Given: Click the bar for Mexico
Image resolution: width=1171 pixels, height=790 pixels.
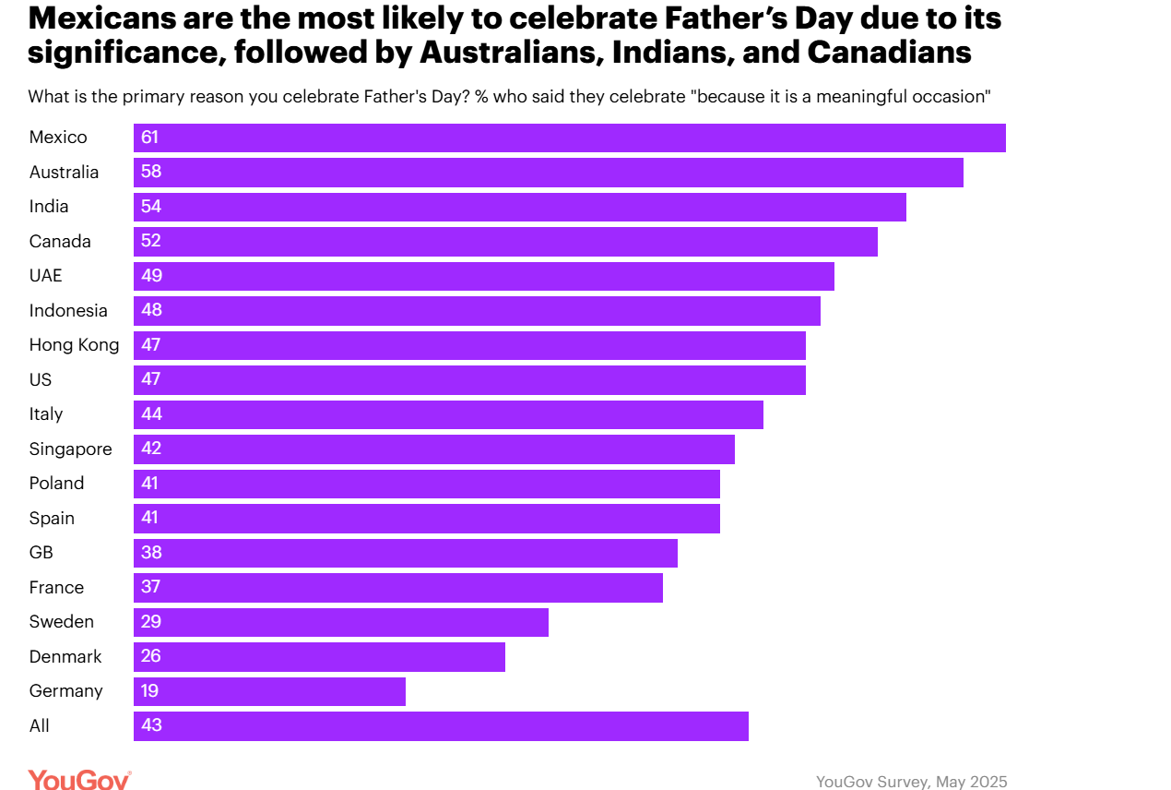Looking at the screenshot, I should (569, 138).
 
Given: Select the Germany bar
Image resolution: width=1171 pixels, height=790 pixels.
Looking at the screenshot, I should (269, 691).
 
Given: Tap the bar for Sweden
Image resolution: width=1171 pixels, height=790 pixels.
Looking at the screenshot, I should (340, 622).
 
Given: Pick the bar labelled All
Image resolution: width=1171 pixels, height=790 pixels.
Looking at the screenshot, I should (441, 726).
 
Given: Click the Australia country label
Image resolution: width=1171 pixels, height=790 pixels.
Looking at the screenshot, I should (64, 173).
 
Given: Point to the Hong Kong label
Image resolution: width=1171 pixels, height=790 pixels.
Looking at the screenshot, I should (74, 345).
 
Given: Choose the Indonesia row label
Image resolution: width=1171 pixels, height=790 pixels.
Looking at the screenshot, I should (68, 311).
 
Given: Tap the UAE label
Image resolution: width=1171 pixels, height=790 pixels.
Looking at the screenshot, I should (46, 276).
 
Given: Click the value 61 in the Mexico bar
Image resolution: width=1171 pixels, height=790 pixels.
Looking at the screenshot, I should (150, 138).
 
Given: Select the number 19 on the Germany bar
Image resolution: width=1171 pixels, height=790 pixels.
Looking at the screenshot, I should (150, 691).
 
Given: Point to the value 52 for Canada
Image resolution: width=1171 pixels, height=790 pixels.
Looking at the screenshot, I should (151, 242).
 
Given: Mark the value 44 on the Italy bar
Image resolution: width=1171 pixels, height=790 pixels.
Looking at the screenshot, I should (152, 414).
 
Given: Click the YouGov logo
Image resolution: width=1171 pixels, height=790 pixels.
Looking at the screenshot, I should (79, 780).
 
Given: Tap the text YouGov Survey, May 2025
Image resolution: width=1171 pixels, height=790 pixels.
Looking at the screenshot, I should (911, 782).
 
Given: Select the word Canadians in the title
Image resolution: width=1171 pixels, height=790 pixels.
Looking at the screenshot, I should (889, 53).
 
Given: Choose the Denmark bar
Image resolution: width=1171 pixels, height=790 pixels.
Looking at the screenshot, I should (319, 657).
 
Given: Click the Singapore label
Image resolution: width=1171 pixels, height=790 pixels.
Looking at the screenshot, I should (70, 449).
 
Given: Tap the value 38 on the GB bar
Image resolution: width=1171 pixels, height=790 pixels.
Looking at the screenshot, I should (151, 553).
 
